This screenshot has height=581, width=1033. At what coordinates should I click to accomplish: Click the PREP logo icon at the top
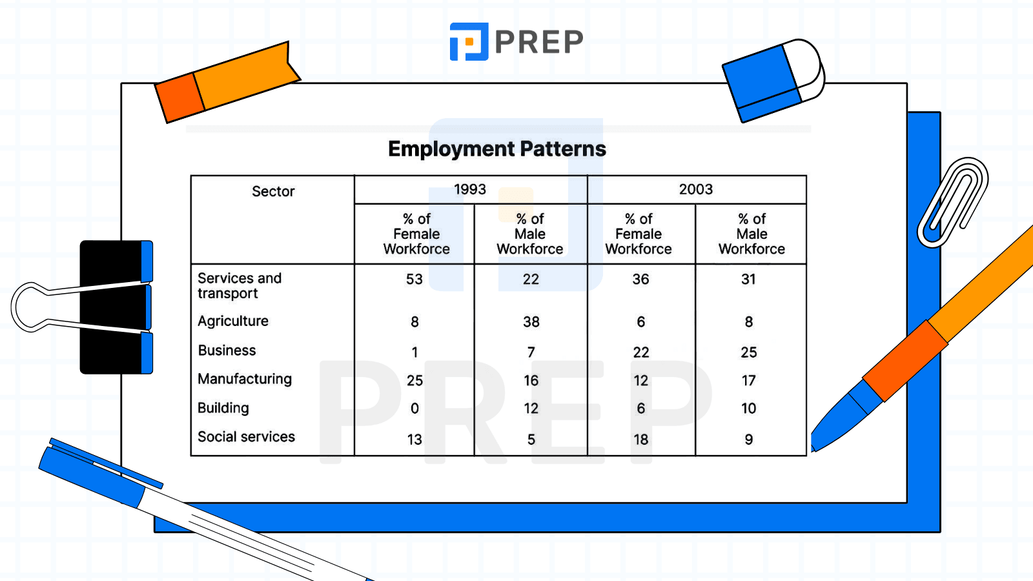tap(469, 42)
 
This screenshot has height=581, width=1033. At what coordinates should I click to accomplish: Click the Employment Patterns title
tap(497, 149)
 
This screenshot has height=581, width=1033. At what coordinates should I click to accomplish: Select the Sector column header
tap(273, 191)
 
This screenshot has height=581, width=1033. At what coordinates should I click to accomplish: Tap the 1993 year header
tap(470, 189)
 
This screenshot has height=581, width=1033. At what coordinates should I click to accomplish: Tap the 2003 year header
tap(696, 189)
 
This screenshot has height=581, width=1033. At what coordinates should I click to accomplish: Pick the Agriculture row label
tap(233, 321)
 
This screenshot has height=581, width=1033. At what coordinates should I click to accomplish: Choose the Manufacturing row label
tap(245, 379)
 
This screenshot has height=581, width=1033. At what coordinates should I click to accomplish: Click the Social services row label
tap(246, 437)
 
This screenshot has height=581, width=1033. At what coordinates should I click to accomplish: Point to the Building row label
tap(223, 408)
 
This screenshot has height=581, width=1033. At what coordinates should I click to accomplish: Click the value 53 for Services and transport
tap(414, 280)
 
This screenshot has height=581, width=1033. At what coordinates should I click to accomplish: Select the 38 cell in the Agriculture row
tap(531, 321)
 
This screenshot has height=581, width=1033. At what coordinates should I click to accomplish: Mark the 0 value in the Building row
tap(414, 409)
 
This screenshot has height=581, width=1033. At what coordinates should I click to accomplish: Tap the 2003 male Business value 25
tap(749, 352)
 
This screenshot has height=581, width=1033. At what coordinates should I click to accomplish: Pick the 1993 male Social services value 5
tap(531, 440)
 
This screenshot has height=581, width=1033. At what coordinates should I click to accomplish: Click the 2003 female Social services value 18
tap(640, 440)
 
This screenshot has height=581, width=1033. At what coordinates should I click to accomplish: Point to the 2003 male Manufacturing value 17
tap(749, 381)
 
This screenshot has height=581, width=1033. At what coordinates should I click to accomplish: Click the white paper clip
tap(953, 202)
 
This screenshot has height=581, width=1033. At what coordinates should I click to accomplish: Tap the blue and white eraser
tap(772, 81)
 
